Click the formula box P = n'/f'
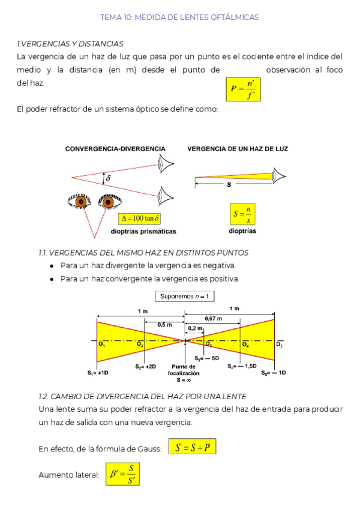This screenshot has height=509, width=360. click(243, 90)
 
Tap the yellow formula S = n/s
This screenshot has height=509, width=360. click(243, 213)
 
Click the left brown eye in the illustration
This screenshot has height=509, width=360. click(78, 202)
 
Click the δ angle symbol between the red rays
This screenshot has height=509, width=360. click(108, 178)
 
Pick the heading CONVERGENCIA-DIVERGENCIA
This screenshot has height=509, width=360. click(115, 149)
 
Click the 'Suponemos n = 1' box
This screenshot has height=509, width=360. click(185, 296)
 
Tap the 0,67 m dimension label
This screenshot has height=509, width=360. click(213, 318)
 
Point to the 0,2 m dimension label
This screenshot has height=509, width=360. click(195, 328)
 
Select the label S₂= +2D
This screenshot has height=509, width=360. click(145, 366)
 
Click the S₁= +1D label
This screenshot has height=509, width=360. click(97, 372)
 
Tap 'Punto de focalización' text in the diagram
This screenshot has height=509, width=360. click(183, 369)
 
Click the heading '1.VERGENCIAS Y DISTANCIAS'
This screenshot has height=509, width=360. click(70, 44)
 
